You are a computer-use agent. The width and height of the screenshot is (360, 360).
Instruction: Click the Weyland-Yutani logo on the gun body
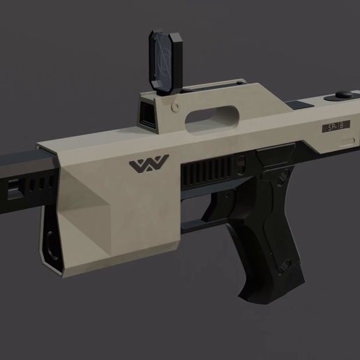150,166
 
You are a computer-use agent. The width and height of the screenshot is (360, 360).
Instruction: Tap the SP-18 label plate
335,127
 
